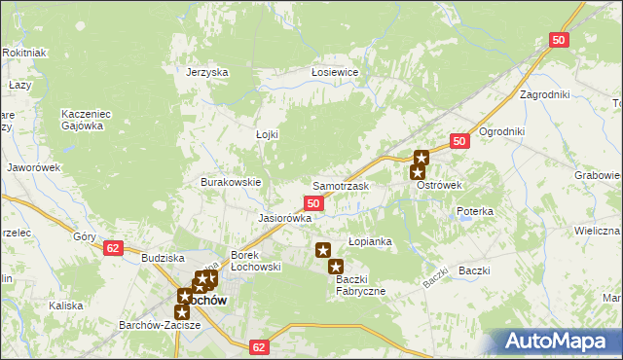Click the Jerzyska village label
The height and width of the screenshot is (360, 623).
pyautogui.click(x=206, y=72)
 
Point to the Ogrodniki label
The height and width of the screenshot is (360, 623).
pyautogui.click(x=502, y=131)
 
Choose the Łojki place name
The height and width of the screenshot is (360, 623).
pyautogui.click(x=267, y=134)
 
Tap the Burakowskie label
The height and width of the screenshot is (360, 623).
pyautogui.click(x=231, y=182)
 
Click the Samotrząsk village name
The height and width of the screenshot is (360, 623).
pyautogui.click(x=340, y=185)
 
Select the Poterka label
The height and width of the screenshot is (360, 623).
pyautogui.click(x=475, y=211)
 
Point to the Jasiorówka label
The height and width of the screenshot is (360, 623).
pyautogui.click(x=284, y=218)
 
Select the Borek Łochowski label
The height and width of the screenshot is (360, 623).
pyautogui.click(x=255, y=261)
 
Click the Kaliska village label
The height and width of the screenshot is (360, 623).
pyautogui.click(x=66, y=306)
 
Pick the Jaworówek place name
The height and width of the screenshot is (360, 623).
pyautogui.click(x=35, y=167)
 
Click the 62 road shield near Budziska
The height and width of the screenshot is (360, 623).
pyautogui.click(x=113, y=248)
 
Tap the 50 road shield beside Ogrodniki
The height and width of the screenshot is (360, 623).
pyautogui.click(x=461, y=141)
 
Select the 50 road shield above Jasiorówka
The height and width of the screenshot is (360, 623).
pyautogui.click(x=313, y=202)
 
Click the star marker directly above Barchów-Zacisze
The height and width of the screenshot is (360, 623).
pyautogui.click(x=181, y=311)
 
